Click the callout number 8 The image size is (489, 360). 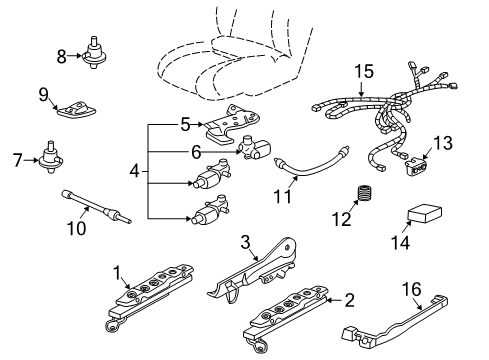point(61,57)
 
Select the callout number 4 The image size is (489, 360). point(135,171)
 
